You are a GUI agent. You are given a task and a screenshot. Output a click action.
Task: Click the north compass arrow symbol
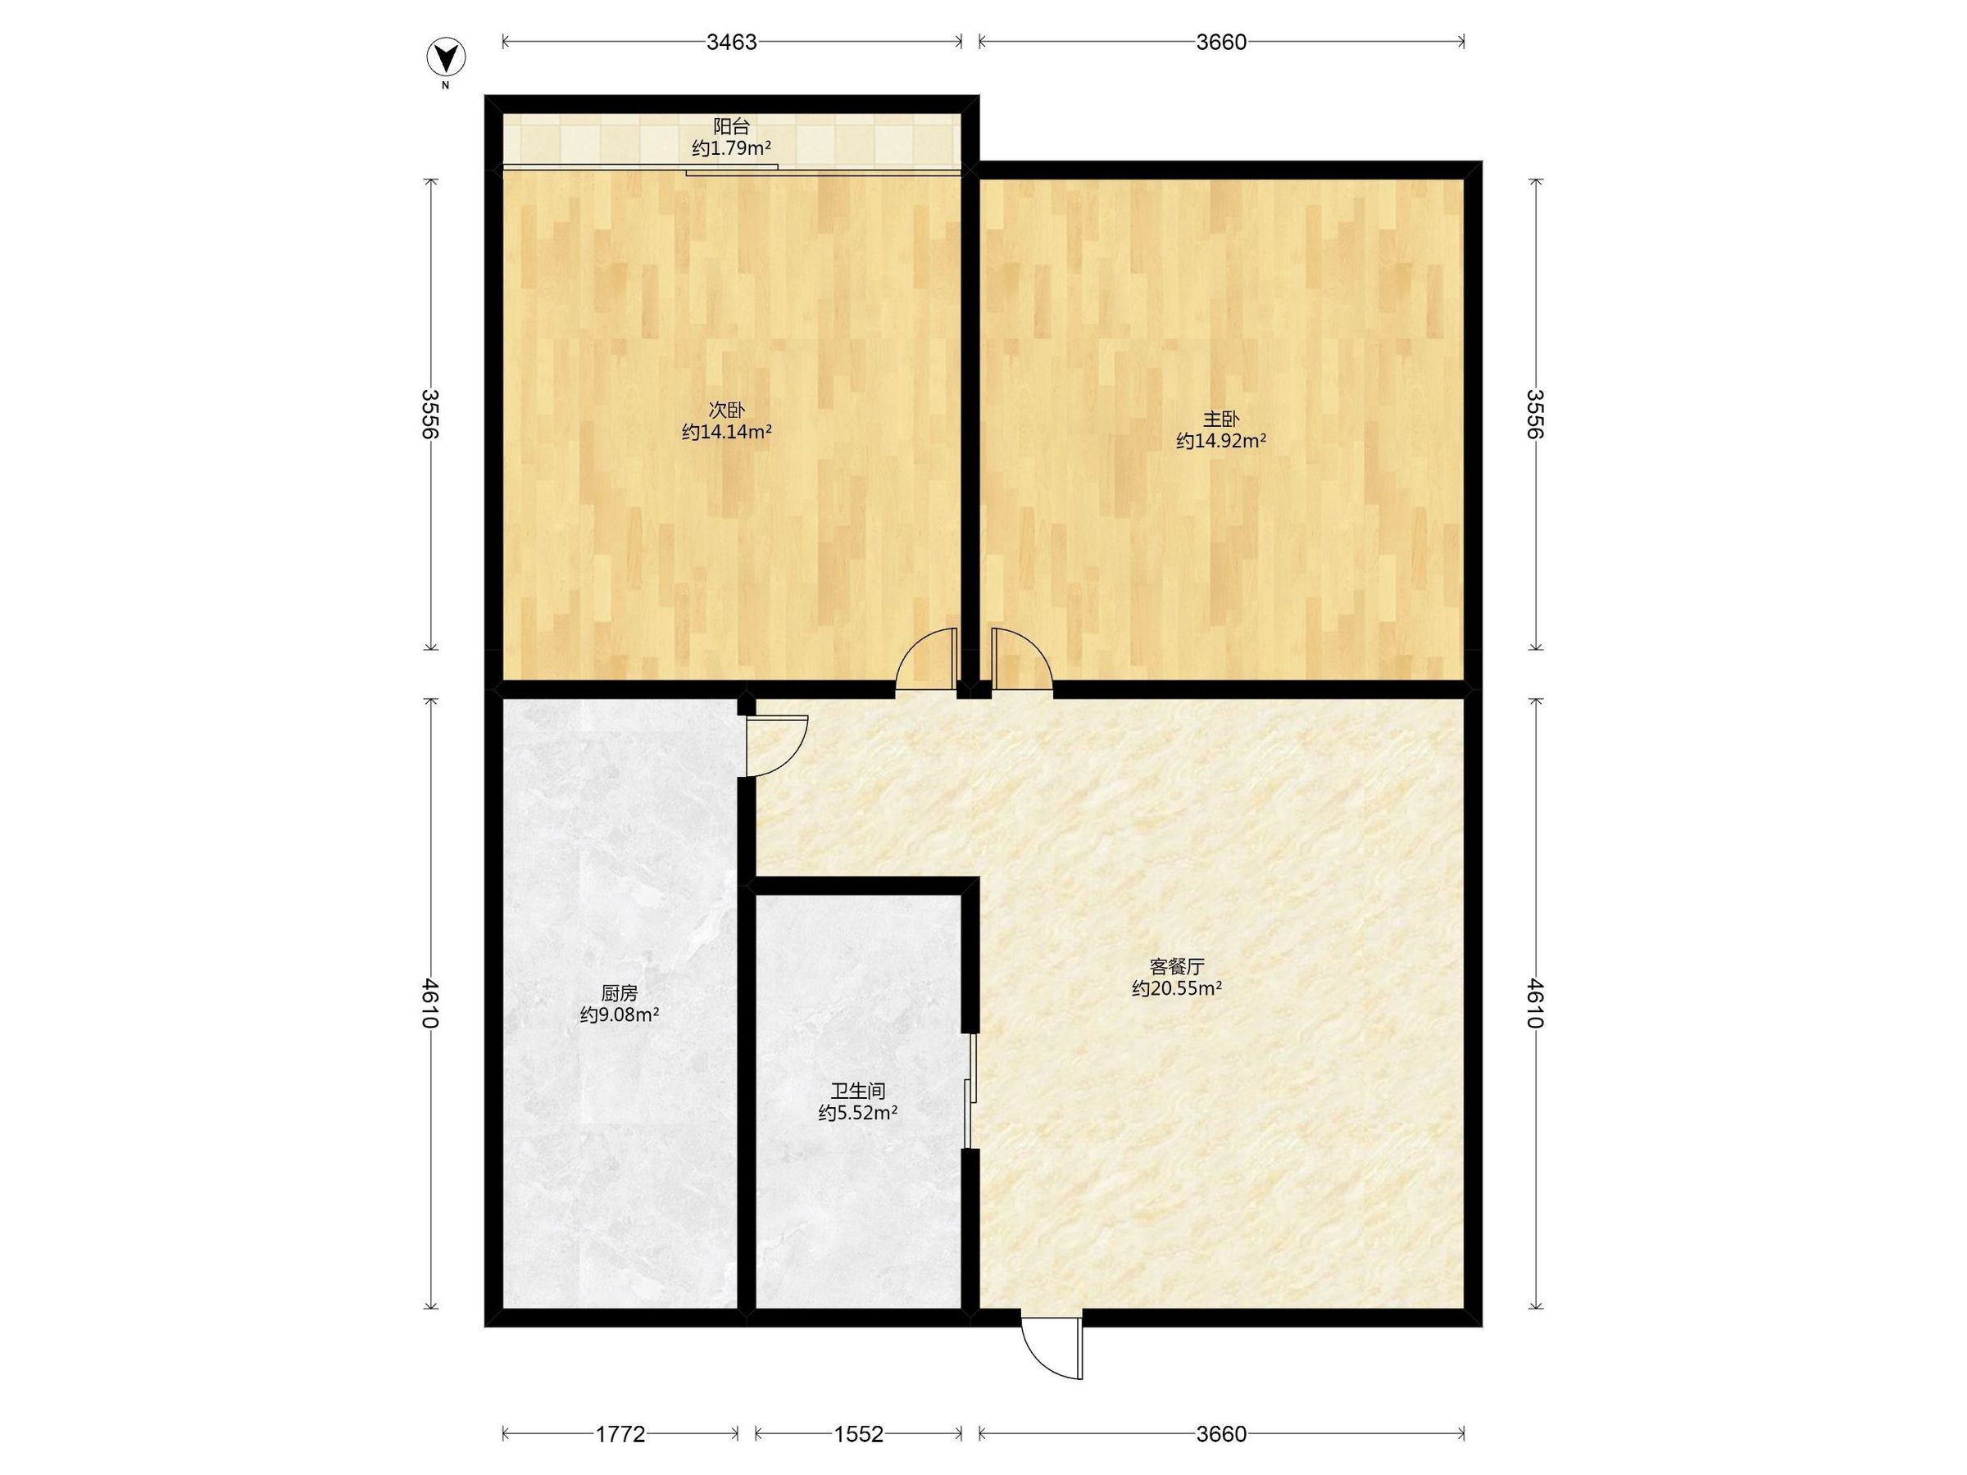click(446, 59)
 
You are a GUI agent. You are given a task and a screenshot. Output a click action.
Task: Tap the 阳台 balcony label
click(731, 127)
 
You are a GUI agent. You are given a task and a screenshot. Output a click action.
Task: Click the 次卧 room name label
click(726, 410)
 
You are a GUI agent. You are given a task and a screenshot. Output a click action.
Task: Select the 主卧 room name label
click(1221, 418)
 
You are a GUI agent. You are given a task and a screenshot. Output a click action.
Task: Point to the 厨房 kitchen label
click(619, 992)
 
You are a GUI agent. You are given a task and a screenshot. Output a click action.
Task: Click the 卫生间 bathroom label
click(857, 1090)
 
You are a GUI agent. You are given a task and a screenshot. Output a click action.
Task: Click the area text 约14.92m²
click(1221, 440)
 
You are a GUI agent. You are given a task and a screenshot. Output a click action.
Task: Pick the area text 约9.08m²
click(619, 1014)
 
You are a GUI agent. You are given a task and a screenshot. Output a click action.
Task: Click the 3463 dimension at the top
click(731, 42)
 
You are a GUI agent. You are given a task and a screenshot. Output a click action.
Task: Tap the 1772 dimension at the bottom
click(620, 1433)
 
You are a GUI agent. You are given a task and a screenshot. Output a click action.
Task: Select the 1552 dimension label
click(858, 1433)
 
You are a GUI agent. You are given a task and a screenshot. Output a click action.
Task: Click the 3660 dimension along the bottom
click(1221, 1433)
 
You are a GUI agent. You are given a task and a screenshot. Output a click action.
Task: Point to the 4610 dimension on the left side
click(431, 1003)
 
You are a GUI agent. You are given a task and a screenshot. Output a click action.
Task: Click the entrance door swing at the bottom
click(1052, 1347)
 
